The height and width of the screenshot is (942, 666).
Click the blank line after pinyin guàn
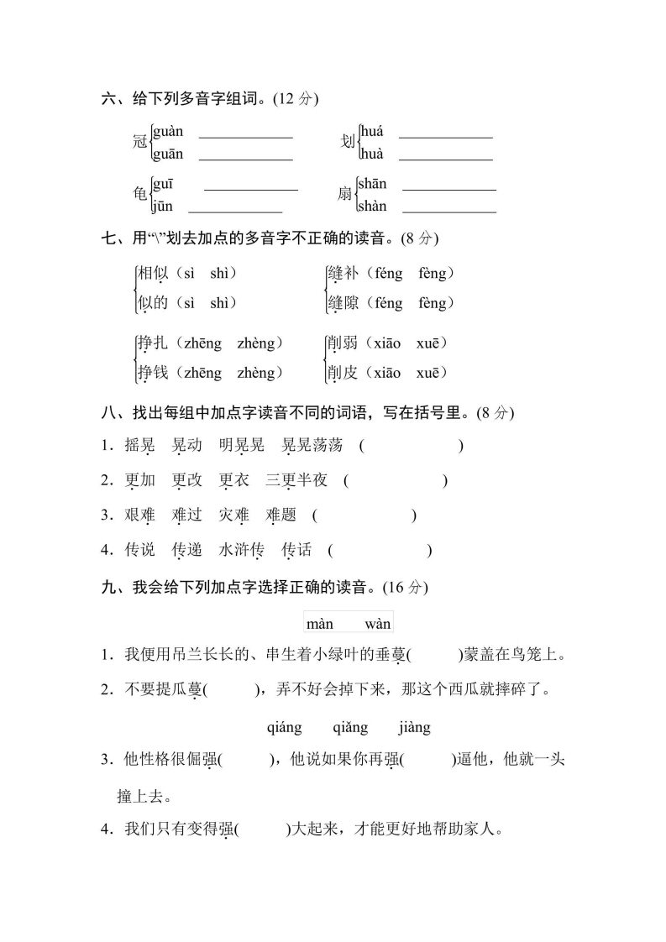pyautogui.click(x=245, y=135)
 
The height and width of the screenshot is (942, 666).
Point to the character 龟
pyautogui.click(x=139, y=195)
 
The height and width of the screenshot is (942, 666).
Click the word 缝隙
pyautogui.click(x=342, y=303)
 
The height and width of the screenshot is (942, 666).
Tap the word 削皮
pyautogui.click(x=342, y=373)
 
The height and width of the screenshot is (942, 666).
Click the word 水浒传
pyautogui.click(x=241, y=550)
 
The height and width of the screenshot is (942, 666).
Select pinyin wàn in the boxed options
pyautogui.click(x=378, y=624)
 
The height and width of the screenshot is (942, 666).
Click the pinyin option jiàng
pyautogui.click(x=415, y=728)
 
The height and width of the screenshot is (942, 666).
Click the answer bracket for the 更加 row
pyautogui.click(x=395, y=480)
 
